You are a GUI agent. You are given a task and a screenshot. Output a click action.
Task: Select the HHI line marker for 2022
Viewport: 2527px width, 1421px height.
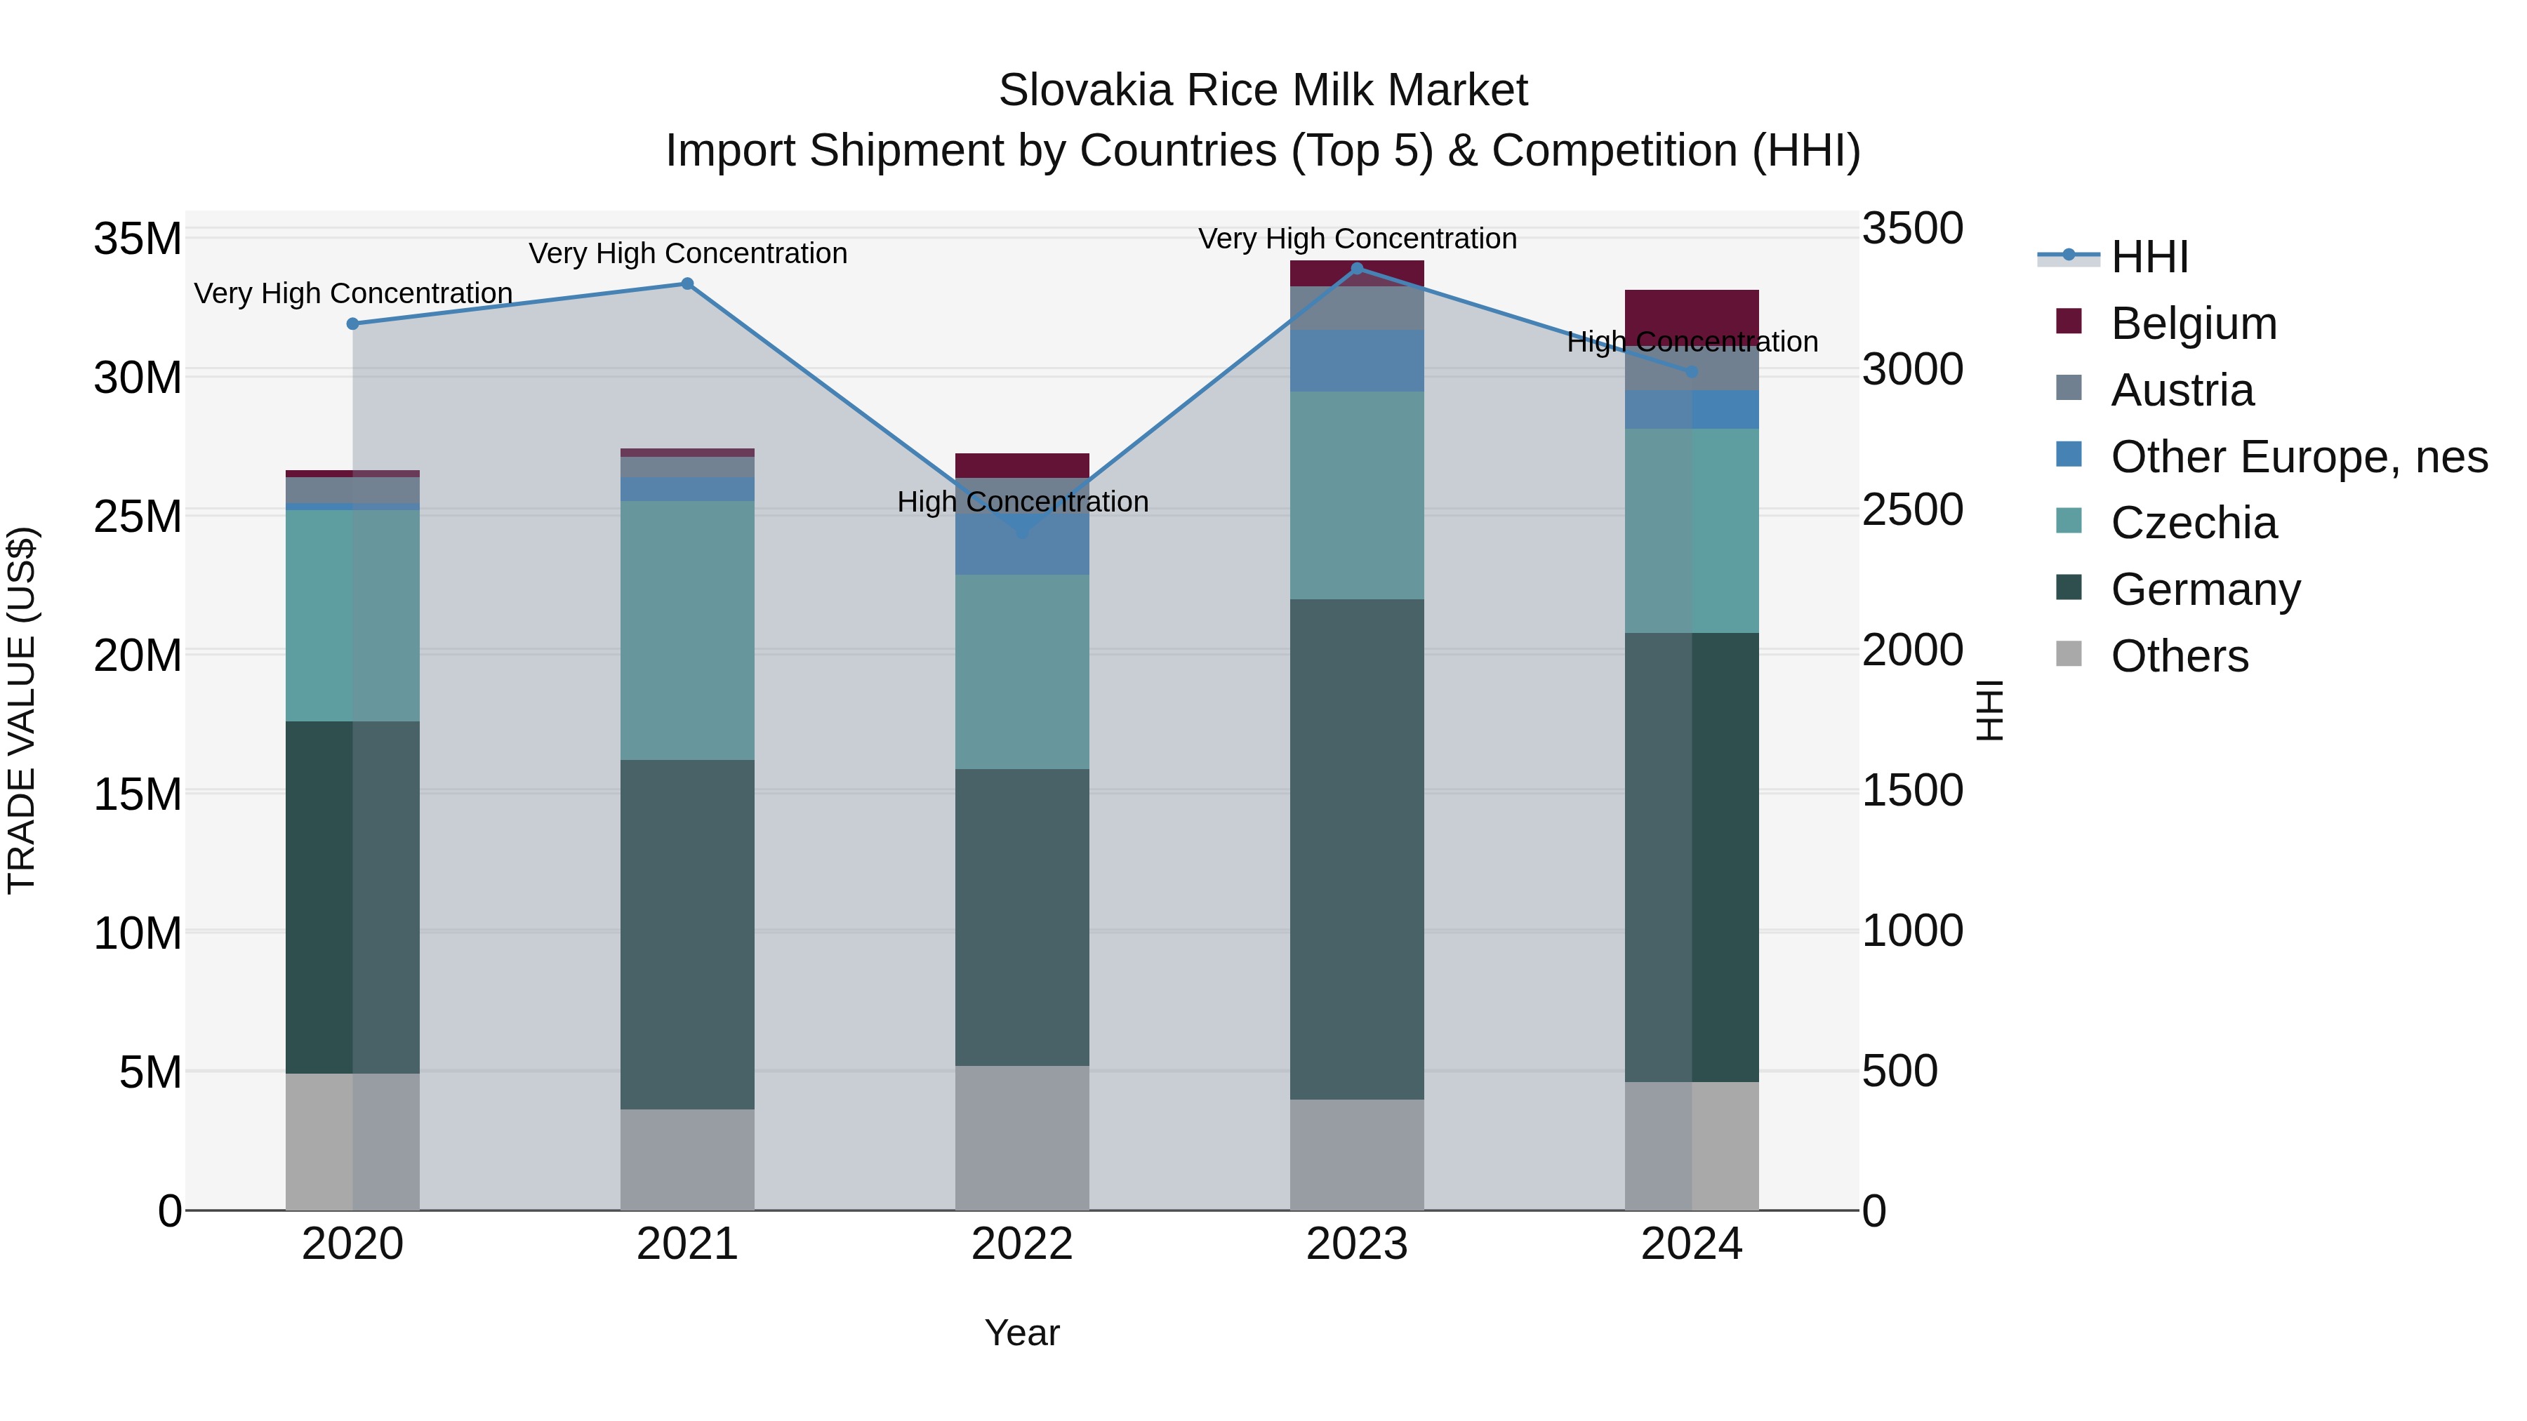pyautogui.click(x=1022, y=531)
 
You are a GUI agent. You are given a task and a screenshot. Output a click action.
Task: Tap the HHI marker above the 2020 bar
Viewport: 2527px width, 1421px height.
pyautogui.click(x=352, y=323)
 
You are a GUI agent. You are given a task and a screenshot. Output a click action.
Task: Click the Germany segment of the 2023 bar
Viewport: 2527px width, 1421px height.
pyautogui.click(x=1357, y=848)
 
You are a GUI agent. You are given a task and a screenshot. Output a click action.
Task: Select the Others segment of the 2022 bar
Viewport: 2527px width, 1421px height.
pyautogui.click(x=1022, y=1138)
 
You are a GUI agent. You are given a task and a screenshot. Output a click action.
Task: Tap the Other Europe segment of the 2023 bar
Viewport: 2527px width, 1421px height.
pyautogui.click(x=1357, y=361)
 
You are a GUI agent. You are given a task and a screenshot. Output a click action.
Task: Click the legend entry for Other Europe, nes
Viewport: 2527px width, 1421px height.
pyautogui.click(x=2298, y=457)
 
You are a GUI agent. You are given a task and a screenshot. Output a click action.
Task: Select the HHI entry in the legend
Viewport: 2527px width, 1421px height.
pyautogui.click(x=2149, y=257)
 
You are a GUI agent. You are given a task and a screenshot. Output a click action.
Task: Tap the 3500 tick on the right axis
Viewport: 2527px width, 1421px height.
pyautogui.click(x=1912, y=229)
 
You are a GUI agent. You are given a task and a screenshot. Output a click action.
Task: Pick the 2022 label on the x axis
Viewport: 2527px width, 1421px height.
pyautogui.click(x=1022, y=1244)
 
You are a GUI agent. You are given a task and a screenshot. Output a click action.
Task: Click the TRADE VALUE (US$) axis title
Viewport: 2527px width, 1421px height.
pyautogui.click(x=22, y=710)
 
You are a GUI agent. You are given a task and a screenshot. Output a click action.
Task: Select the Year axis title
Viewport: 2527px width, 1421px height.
pyautogui.click(x=1022, y=1333)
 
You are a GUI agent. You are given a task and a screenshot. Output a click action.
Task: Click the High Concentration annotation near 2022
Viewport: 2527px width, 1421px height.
pyautogui.click(x=1022, y=502)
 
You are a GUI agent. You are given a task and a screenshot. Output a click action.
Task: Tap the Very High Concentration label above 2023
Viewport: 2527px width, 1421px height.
pyautogui.click(x=1357, y=239)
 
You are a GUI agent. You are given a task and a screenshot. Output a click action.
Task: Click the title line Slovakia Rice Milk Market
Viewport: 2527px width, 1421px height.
pyautogui.click(x=1263, y=91)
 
